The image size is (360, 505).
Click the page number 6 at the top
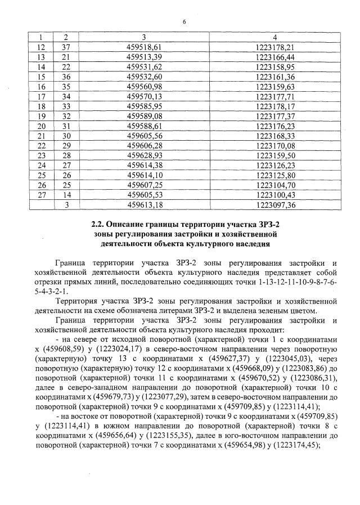coord(184,22)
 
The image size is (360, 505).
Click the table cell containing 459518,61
coord(145,47)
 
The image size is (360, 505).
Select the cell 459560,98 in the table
coord(145,86)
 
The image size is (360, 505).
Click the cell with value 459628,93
coord(145,155)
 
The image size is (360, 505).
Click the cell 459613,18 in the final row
coord(145,204)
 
